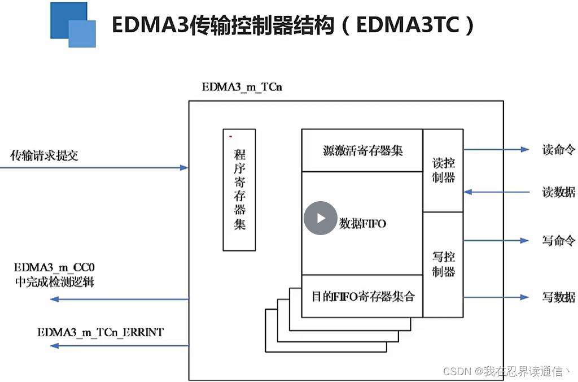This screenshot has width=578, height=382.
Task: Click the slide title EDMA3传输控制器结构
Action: [293, 25]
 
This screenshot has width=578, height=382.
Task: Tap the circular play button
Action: [320, 218]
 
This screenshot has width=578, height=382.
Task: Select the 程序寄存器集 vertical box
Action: [239, 189]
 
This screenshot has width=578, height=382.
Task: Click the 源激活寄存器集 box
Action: [362, 150]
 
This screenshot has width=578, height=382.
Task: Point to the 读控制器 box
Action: [443, 170]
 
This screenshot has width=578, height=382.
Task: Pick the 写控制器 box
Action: [443, 264]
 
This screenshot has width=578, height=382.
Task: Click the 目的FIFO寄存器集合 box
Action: [362, 296]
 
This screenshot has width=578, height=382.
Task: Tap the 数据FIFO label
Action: [362, 224]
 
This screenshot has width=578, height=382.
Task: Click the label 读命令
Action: [558, 150]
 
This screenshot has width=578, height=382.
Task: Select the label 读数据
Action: [558, 192]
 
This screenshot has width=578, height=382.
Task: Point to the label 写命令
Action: [558, 241]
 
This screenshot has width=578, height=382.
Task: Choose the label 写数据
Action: [558, 297]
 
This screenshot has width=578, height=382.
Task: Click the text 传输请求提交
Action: [45, 155]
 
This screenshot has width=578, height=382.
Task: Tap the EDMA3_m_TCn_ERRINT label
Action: [100, 332]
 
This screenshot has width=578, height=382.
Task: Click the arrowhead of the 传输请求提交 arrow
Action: [184, 168]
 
